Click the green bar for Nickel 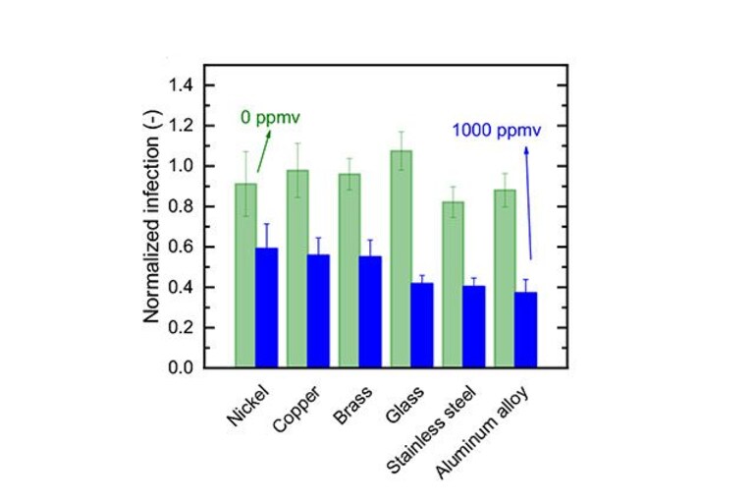[x=245, y=275]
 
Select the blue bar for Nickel [x=266, y=307]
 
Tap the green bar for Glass [x=401, y=259]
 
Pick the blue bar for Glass [x=422, y=325]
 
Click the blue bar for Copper [x=318, y=310]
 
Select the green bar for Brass [x=350, y=270]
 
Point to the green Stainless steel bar [x=453, y=284]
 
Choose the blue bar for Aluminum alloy [x=526, y=329]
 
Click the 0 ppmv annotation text [x=270, y=118]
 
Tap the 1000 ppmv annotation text [x=497, y=131]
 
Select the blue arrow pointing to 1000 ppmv [x=528, y=203]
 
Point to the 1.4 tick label [x=181, y=85]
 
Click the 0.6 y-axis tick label [x=181, y=247]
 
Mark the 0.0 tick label [x=181, y=367]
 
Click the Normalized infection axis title [x=152, y=217]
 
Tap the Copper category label [x=296, y=409]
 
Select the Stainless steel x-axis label [x=431, y=429]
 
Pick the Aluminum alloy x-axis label [x=482, y=432]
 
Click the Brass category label [x=352, y=405]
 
